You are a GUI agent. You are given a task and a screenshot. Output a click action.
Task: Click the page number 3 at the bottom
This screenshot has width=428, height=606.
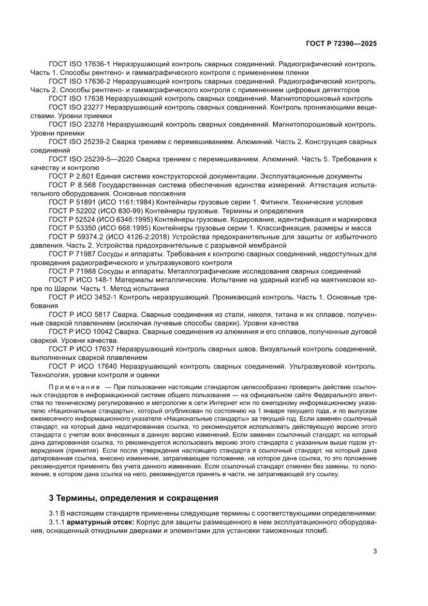(x=374, y=551)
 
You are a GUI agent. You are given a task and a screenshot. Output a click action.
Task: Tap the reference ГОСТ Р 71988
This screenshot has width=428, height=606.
(x=71, y=271)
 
